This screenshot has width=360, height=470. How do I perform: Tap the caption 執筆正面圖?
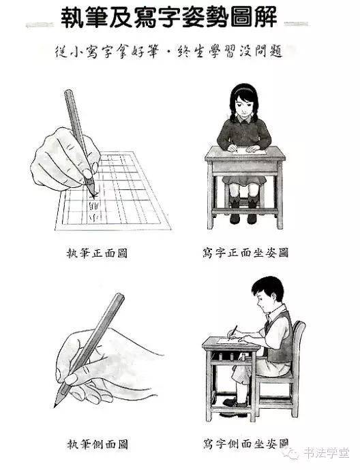93,253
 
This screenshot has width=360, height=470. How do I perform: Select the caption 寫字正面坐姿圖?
245,253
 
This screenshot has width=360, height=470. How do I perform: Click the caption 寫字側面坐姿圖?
245,443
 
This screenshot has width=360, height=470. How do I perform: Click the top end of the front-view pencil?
67,93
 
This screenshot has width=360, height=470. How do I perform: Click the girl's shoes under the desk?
244,202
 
